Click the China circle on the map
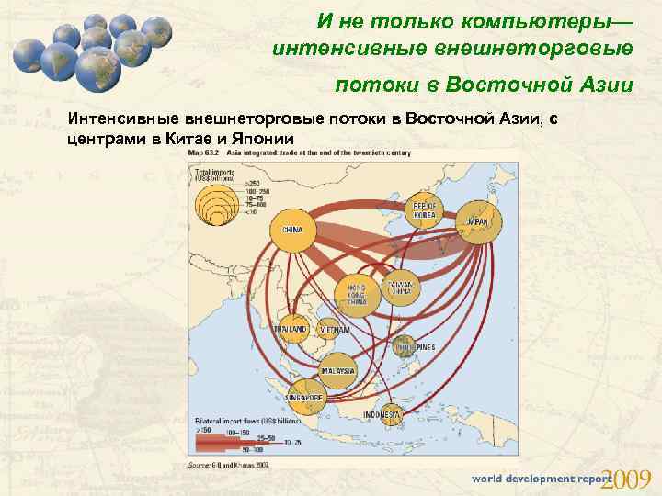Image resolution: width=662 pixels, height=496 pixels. point(293,229)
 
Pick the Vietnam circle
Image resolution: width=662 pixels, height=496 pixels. point(334,329)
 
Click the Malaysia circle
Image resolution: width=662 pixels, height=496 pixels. point(337,370)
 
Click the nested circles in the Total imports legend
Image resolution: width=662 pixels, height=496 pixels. point(217,203)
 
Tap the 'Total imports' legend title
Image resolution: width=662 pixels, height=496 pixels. point(212,173)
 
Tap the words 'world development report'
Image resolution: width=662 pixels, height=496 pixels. point(541,479)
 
